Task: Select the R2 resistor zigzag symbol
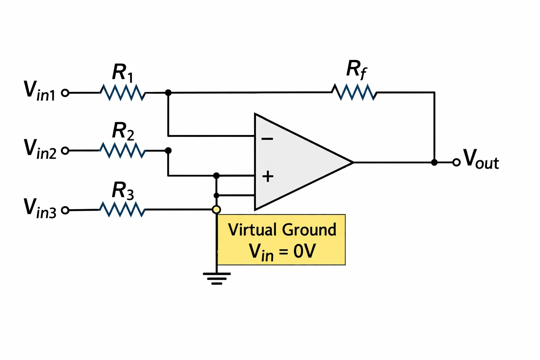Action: tap(122, 150)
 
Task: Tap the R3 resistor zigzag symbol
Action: tap(122, 209)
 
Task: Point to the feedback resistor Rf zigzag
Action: tap(354, 92)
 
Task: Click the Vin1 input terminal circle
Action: tap(65, 93)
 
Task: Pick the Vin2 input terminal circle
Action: tap(65, 151)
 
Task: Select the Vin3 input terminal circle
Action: tap(65, 210)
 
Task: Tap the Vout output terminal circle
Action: tap(456, 162)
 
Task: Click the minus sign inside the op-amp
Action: tap(267, 139)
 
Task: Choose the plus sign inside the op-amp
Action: tap(268, 176)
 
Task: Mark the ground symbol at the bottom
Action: tap(217, 279)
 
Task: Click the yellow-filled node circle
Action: tap(217, 210)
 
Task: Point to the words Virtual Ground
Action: tap(282, 229)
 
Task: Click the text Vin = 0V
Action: tap(282, 252)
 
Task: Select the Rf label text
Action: tap(356, 70)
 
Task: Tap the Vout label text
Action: tap(481, 159)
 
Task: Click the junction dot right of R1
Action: tap(168, 92)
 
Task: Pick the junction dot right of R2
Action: tap(168, 150)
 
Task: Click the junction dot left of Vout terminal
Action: tap(434, 162)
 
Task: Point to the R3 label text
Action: tap(123, 191)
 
